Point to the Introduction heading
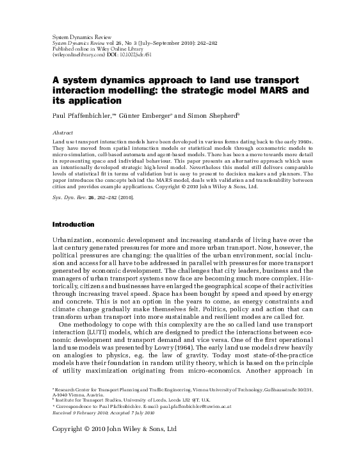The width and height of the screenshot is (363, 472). coord(73,225)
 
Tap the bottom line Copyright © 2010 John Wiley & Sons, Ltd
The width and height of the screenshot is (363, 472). coord(113,429)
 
